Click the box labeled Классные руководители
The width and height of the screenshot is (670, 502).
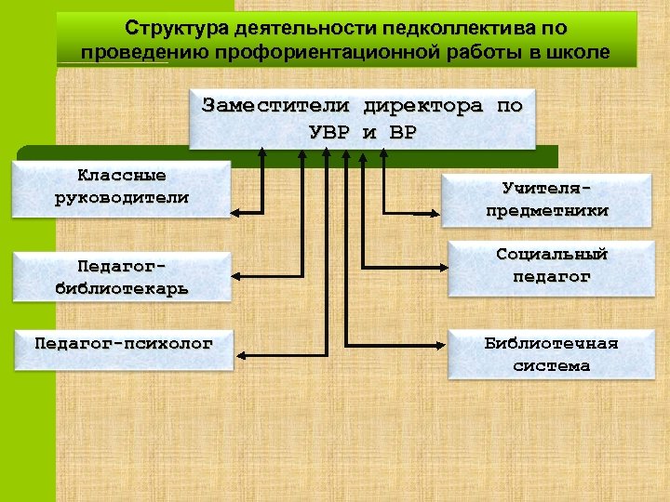[121, 188]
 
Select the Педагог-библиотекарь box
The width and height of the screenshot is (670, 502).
[121, 276]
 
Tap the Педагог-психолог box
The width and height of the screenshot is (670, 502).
[123, 344]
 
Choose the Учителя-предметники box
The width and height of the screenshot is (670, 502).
[546, 200]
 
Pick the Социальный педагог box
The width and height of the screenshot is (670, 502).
[551, 266]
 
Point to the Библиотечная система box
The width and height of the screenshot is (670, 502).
[551, 354]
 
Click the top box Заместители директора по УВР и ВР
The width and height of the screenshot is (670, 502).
[362, 119]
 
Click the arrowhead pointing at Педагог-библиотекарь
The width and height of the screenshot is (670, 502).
[236, 276]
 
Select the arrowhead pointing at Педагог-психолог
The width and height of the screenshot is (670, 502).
[236, 353]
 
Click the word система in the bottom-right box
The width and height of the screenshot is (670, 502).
[551, 366]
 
